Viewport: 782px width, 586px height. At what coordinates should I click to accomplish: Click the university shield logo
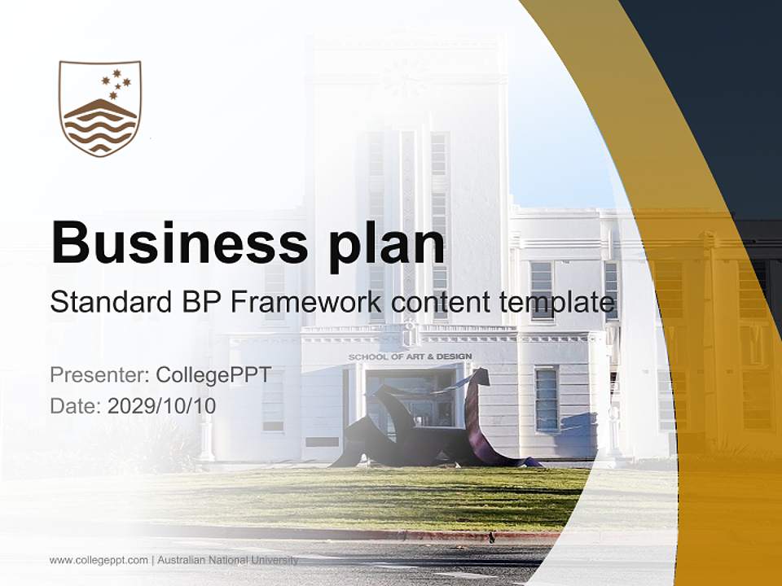(100, 108)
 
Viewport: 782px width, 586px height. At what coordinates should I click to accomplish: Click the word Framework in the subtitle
(302, 303)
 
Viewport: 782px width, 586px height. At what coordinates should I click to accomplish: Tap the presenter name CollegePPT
(213, 375)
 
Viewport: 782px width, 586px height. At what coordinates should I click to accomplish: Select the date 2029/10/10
(161, 405)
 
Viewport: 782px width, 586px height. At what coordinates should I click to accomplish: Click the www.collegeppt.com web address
(99, 560)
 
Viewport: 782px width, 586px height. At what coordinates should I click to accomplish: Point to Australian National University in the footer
(228, 560)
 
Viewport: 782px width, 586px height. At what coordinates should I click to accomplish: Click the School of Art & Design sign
(410, 356)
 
